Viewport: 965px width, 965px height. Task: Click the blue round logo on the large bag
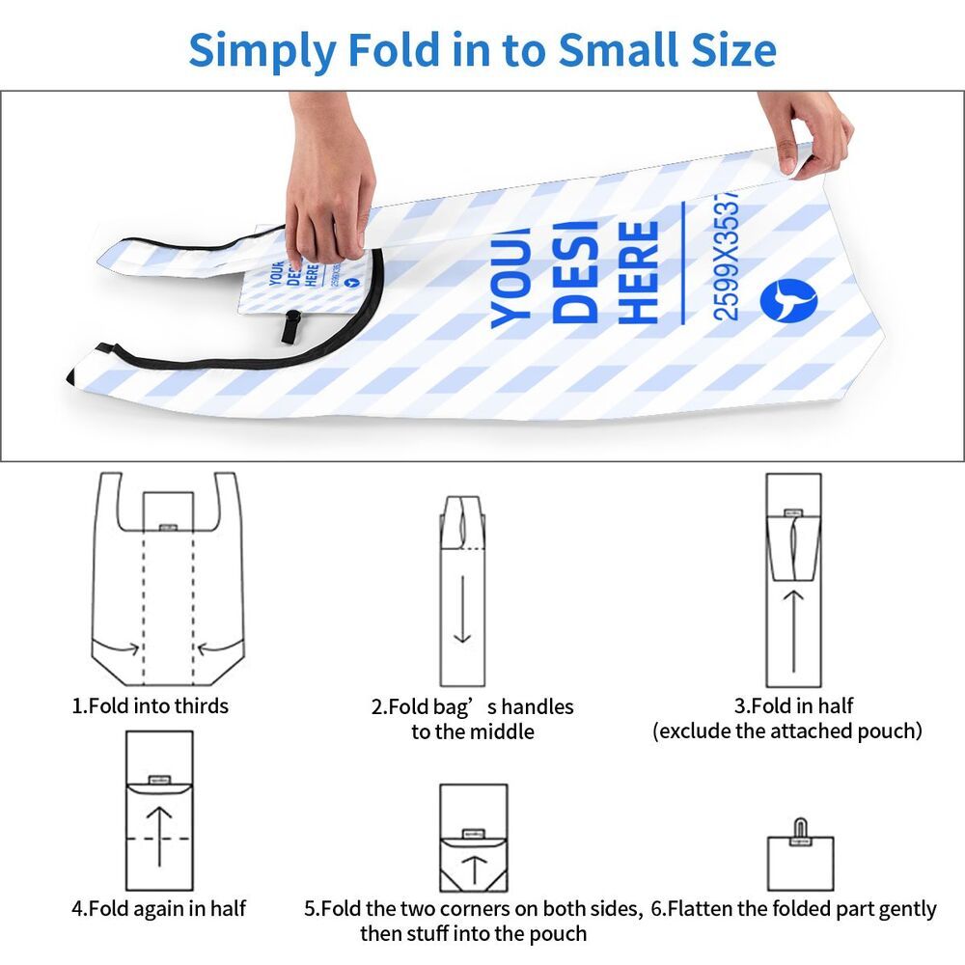(787, 301)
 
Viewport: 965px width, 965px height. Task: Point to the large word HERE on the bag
(639, 273)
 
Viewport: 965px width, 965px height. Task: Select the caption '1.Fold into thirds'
(151, 705)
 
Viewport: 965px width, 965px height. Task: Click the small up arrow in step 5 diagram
(474, 868)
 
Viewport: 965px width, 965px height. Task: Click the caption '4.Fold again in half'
(159, 908)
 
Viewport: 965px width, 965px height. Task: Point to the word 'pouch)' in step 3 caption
(885, 731)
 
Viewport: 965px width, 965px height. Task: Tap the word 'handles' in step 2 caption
(537, 706)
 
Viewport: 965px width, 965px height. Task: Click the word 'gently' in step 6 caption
(902, 909)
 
